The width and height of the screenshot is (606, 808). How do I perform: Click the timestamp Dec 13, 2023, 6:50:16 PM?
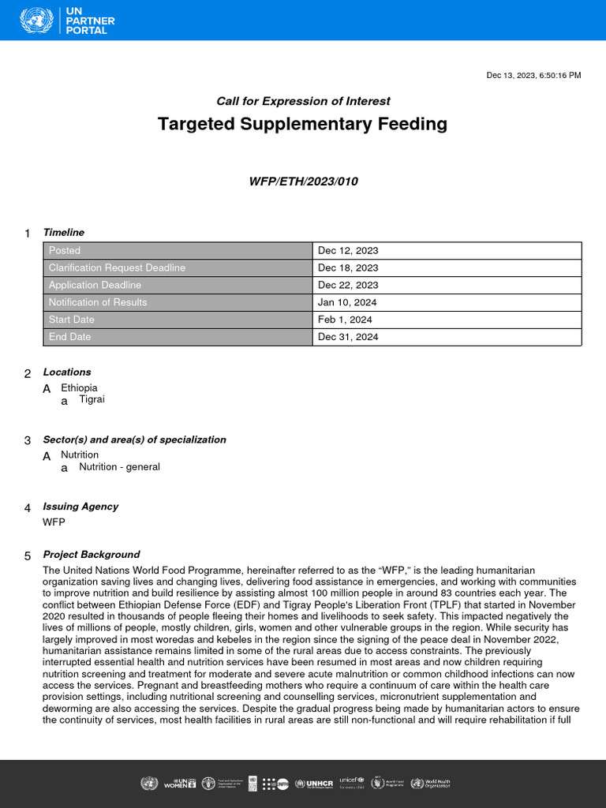[533, 75]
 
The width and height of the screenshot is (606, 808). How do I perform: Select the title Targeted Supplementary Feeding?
[302, 124]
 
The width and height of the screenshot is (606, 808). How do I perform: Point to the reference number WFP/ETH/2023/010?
[303, 181]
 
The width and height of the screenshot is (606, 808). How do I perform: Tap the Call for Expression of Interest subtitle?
[303, 101]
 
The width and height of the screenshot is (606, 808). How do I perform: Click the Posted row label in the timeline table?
[65, 251]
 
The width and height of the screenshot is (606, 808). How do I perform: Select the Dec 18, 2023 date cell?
[348, 268]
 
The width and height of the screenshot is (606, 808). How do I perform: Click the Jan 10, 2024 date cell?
[347, 303]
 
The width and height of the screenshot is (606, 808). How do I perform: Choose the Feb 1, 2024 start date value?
[345, 320]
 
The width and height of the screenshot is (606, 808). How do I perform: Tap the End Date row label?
[69, 338]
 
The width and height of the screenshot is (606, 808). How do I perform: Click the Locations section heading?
[67, 372]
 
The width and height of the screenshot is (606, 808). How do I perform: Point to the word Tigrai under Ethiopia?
[92, 400]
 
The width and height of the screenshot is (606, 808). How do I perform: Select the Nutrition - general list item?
[119, 467]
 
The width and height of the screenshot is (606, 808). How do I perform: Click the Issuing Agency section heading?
[80, 507]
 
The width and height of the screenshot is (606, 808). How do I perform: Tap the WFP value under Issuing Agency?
[54, 522]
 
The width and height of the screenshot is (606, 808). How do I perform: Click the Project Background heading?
[91, 555]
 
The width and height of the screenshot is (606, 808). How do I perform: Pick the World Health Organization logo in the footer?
[430, 784]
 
